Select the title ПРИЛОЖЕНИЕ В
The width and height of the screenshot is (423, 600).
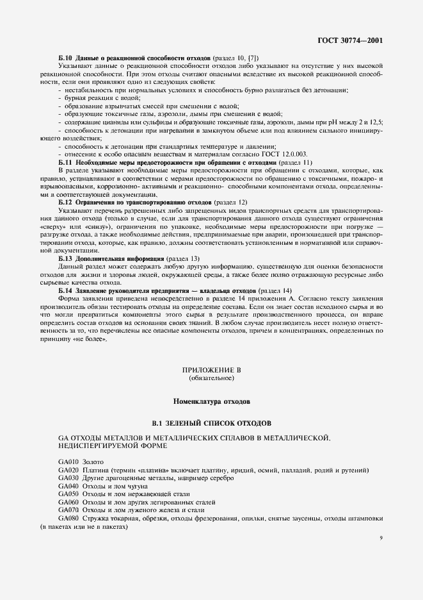(x=211, y=371)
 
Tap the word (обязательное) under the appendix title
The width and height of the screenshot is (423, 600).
(x=211, y=379)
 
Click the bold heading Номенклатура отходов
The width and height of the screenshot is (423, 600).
(x=211, y=402)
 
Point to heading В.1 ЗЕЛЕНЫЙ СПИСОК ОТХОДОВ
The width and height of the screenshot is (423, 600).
(x=211, y=424)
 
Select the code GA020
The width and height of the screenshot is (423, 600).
(x=68, y=470)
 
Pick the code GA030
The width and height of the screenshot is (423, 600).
(x=68, y=478)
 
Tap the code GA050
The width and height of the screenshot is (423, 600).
(x=68, y=494)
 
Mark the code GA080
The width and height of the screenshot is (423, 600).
(x=68, y=518)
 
